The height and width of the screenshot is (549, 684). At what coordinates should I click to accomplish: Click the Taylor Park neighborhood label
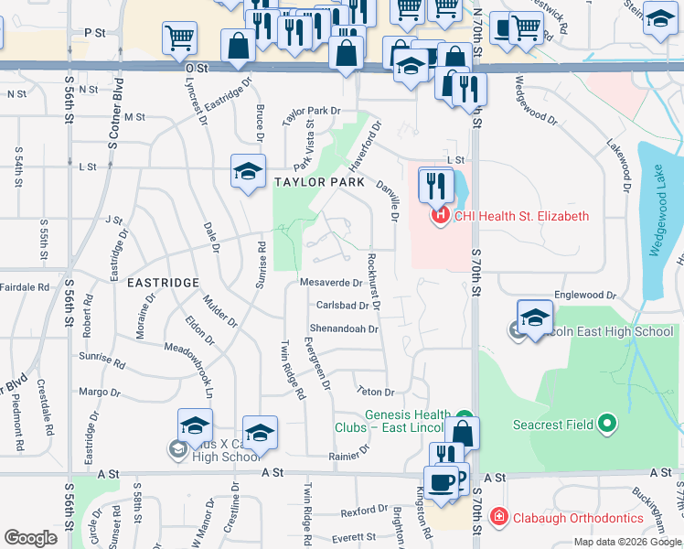pyautogui.click(x=312, y=182)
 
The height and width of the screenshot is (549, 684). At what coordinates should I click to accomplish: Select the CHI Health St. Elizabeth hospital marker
pyautogui.click(x=440, y=217)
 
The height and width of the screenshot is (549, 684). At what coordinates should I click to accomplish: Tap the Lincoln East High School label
pyautogui.click(x=604, y=331)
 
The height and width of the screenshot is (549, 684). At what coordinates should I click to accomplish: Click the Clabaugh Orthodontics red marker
pyautogui.click(x=498, y=516)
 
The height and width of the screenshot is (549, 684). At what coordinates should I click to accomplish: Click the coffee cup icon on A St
pyautogui.click(x=441, y=482)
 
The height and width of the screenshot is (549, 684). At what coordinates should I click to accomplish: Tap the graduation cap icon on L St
pyautogui.click(x=247, y=171)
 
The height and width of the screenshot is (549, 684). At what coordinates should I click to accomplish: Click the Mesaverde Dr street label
pyautogui.click(x=331, y=283)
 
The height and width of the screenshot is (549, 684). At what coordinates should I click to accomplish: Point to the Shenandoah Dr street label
pyautogui.click(x=344, y=329)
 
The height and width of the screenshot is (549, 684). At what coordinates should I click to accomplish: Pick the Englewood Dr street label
pyautogui.click(x=579, y=295)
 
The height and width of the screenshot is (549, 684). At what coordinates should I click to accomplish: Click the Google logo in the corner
pyautogui.click(x=30, y=538)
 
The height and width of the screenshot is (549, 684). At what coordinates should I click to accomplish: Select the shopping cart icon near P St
pyautogui.click(x=179, y=38)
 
